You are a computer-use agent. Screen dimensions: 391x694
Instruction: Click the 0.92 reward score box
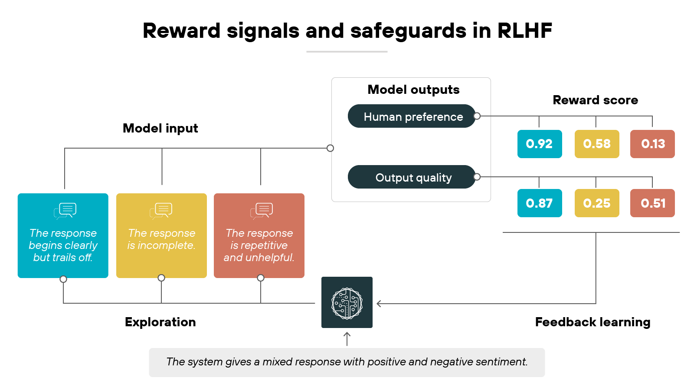tap(540, 144)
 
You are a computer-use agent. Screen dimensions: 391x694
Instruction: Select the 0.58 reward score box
tap(597, 144)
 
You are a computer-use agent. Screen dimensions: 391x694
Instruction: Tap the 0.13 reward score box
tap(652, 144)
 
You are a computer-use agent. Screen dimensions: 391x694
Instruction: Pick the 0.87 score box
tap(540, 203)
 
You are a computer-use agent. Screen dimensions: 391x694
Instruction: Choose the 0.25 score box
tap(597, 203)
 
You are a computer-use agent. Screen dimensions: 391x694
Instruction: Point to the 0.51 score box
tap(652, 203)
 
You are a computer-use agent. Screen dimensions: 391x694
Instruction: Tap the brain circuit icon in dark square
tap(347, 303)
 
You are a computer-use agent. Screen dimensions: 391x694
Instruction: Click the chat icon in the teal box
tap(65, 211)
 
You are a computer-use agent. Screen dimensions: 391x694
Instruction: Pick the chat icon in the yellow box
tap(161, 211)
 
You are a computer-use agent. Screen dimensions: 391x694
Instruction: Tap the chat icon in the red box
tap(262, 211)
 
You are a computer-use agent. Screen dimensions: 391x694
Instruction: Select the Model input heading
tap(160, 128)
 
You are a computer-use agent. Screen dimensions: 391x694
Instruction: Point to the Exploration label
tap(160, 322)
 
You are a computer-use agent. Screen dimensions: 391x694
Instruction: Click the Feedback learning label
tap(593, 322)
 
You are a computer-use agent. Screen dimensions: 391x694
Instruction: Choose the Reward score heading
tap(595, 100)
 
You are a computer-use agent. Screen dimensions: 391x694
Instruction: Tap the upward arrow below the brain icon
tap(347, 338)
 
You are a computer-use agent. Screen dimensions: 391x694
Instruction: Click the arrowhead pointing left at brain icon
tap(379, 304)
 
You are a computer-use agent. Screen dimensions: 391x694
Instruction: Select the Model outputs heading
tap(413, 89)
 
